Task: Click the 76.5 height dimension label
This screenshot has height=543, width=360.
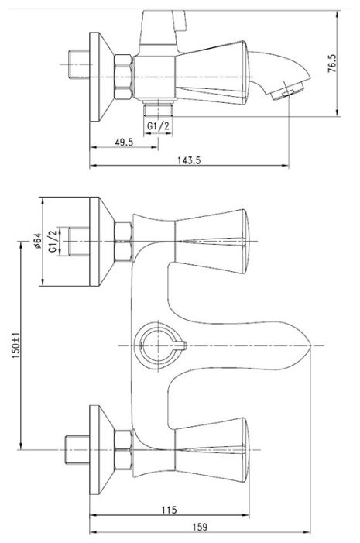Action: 331,63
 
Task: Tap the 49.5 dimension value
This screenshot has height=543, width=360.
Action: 124,142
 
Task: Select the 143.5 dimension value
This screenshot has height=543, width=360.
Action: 189,160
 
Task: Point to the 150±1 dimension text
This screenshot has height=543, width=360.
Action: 16,345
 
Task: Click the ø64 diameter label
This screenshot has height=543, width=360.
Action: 37,241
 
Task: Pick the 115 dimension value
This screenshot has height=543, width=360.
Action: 169,510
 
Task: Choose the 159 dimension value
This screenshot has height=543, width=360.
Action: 200,527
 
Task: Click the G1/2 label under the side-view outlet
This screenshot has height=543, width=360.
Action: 158,125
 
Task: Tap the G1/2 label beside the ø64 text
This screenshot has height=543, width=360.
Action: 53,241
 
